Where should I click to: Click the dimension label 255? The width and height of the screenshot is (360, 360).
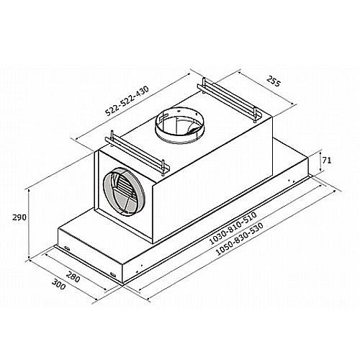274,81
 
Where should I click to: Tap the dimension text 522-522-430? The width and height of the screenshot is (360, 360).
127,101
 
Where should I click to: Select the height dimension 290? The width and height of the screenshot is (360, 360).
19,217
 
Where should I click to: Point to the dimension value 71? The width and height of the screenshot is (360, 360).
327,161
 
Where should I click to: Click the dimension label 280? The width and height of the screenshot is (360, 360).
73,276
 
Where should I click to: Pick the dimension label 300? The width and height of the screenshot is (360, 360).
59,284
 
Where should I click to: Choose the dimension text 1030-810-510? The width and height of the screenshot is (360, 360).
233,228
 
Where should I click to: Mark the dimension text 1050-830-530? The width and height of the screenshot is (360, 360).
240,239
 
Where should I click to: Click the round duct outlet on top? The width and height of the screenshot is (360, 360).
179,125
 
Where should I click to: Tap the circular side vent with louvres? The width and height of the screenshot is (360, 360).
124,191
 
